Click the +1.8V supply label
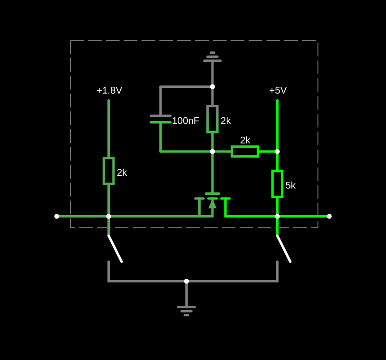[x=109, y=90]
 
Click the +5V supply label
[x=278, y=90]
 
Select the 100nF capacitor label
[x=185, y=121]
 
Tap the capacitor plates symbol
[x=161, y=119]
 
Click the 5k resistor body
[x=277, y=184]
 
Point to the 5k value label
[x=290, y=186]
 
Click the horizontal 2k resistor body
[x=245, y=152]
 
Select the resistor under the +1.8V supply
[x=109, y=171]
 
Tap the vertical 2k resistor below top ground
[x=212, y=119]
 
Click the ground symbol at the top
[x=212, y=57]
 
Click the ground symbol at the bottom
[x=186, y=310]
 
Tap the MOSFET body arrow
[x=212, y=204]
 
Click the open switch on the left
[x=115, y=248]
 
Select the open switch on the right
[x=284, y=248]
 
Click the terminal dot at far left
[x=57, y=216]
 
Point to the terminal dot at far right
[x=329, y=216]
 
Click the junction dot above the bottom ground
[x=186, y=281]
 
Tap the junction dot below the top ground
[x=212, y=87]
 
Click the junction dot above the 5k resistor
[x=277, y=152]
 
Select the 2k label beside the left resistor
[x=122, y=173]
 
